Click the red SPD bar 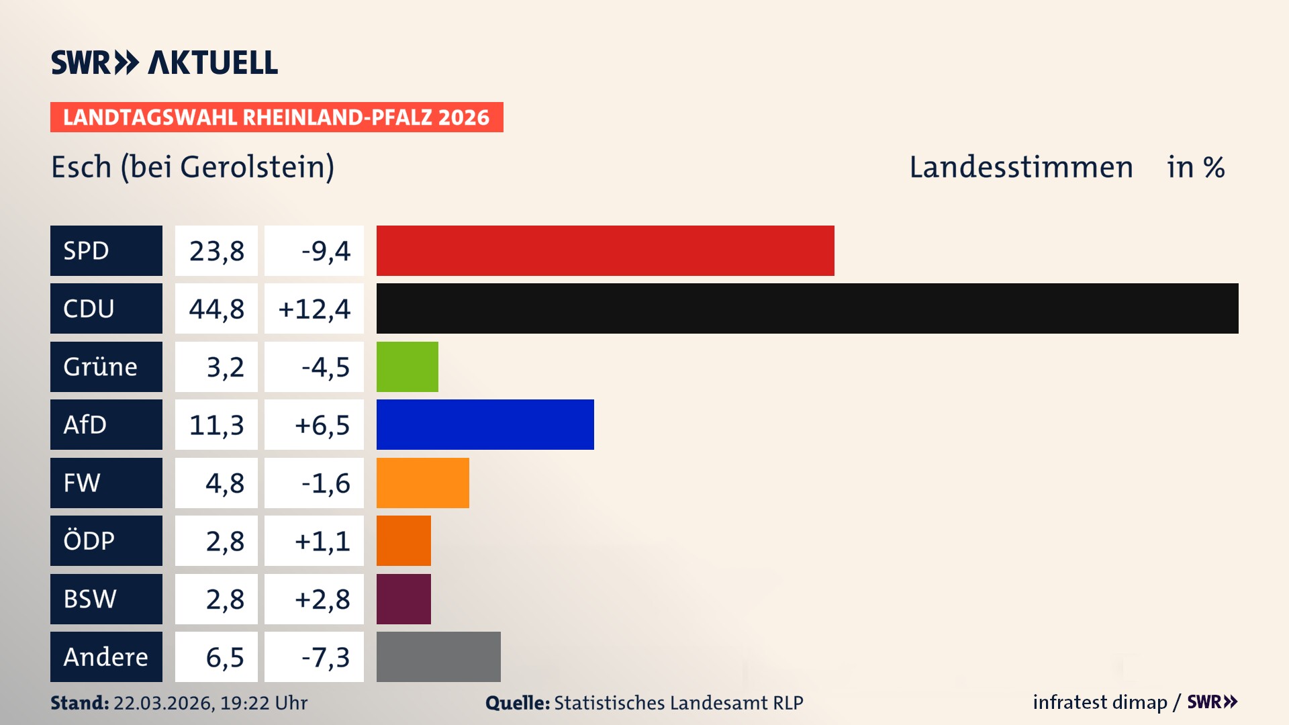pyautogui.click(x=605, y=250)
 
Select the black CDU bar pyautogui.click(x=807, y=309)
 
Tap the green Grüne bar pyautogui.click(x=407, y=367)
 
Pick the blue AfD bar pyautogui.click(x=485, y=425)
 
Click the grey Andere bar pyautogui.click(x=438, y=657)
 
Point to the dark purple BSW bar pyautogui.click(x=403, y=599)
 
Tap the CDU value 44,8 pyautogui.click(x=216, y=309)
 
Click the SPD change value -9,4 pyautogui.click(x=326, y=251)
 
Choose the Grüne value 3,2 pyautogui.click(x=225, y=367)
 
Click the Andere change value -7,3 pyautogui.click(x=326, y=657)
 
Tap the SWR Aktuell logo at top pyautogui.click(x=164, y=62)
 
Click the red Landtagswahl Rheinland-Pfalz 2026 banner pyautogui.click(x=277, y=117)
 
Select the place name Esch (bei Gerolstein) pyautogui.click(x=193, y=167)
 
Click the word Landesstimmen pyautogui.click(x=1020, y=167)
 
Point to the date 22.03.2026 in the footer pyautogui.click(x=163, y=703)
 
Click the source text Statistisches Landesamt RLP pyautogui.click(x=678, y=703)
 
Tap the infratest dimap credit pyautogui.click(x=1099, y=702)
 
